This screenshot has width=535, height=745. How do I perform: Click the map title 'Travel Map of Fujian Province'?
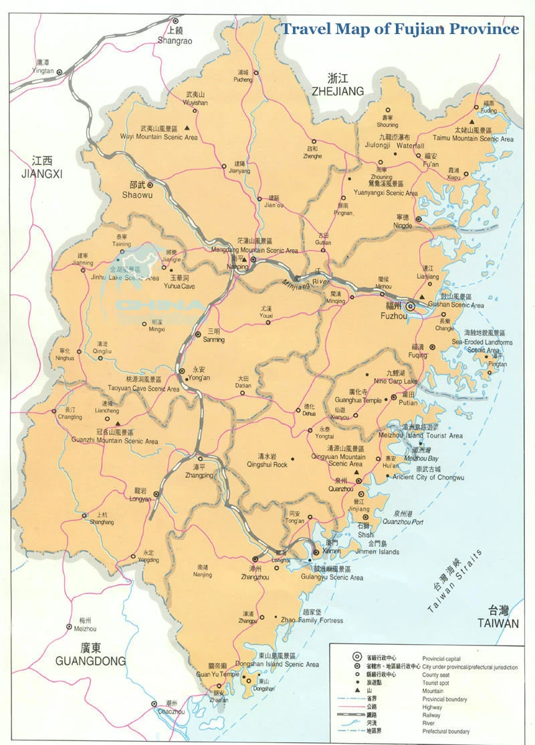[399, 29]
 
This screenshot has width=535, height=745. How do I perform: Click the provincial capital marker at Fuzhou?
[411, 307]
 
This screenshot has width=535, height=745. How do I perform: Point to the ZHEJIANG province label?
[338, 91]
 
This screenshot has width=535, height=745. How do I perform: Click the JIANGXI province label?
[41, 174]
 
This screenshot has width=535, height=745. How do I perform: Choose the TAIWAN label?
[498, 623]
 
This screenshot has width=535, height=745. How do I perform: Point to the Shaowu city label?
[137, 194]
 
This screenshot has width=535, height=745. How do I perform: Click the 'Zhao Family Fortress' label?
[312, 621]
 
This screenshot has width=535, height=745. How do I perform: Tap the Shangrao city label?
[175, 41]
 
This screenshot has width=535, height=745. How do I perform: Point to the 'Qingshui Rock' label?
[267, 464]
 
